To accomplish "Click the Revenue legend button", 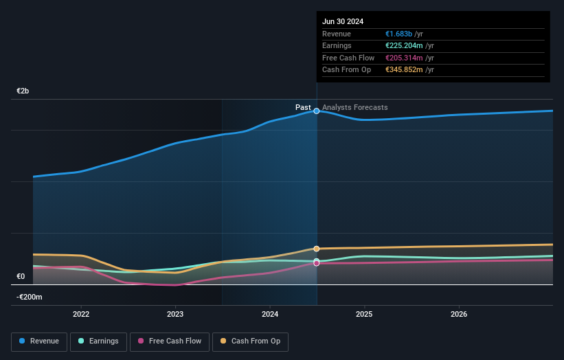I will click(39, 341).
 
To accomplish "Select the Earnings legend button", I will click(98, 341).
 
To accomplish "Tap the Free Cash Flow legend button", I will click(169, 341).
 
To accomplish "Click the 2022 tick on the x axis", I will click(81, 314).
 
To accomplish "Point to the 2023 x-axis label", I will click(175, 314).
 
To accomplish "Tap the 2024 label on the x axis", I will click(270, 314).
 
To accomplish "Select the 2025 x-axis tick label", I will click(364, 314).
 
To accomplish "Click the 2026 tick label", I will click(459, 314).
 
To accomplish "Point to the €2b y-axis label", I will click(23, 91).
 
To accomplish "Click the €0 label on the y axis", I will click(21, 277).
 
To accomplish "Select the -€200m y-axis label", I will click(30, 297).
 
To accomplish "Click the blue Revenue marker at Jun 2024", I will click(317, 111).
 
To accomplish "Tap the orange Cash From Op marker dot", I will click(317, 249).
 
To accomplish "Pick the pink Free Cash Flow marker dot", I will click(317, 263).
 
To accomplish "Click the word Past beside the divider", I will click(303, 107).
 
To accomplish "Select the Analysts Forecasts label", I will click(354, 107).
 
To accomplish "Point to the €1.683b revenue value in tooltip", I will click(399, 34).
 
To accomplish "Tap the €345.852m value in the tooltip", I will click(404, 69).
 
